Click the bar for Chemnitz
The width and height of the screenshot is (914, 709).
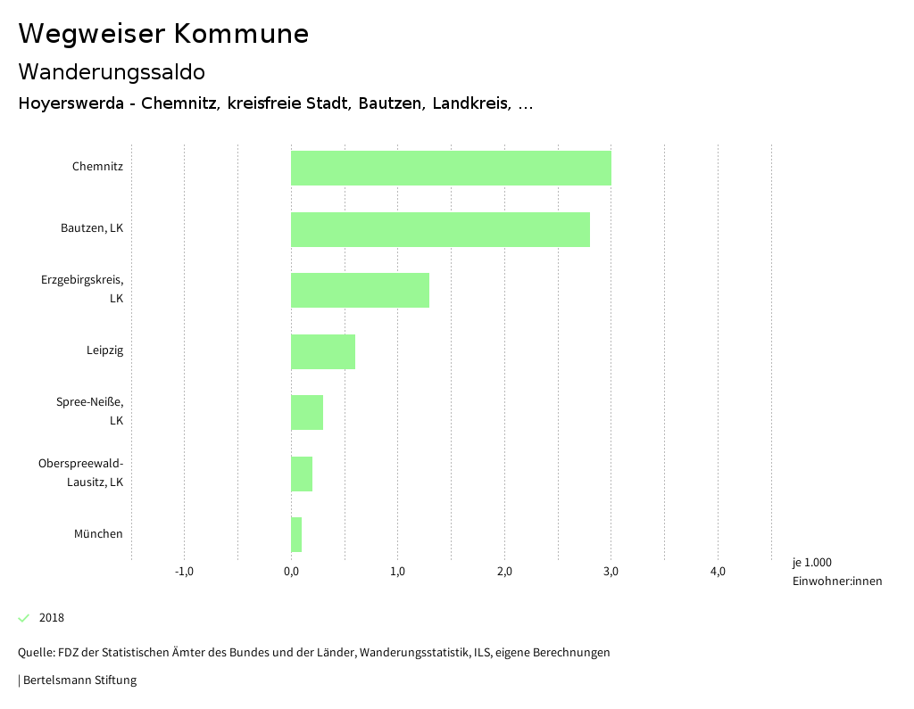point(451,169)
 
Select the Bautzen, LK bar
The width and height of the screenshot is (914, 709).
point(440,229)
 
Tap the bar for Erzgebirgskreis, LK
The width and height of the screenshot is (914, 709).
point(360,291)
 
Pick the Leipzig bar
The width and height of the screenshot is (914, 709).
point(323,351)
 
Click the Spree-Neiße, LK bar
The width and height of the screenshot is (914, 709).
point(307,412)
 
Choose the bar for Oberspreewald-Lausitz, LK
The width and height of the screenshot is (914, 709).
point(302,474)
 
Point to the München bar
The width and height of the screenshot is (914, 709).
point(296,534)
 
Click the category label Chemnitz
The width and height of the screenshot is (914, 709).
point(97,167)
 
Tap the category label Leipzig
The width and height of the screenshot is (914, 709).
point(104,350)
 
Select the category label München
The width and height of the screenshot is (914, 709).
point(98,534)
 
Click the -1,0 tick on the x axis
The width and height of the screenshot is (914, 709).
point(184,572)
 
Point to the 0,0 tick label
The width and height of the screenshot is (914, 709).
point(291,572)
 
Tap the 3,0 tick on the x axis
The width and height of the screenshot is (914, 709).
point(611,572)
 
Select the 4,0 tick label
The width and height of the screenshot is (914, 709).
point(718,572)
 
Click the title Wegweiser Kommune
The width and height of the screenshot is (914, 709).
point(163,34)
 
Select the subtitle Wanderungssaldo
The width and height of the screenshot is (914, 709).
point(112,71)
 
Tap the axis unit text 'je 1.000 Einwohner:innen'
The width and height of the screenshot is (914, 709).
point(836,572)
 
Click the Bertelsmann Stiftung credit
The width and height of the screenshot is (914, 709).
point(79,680)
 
